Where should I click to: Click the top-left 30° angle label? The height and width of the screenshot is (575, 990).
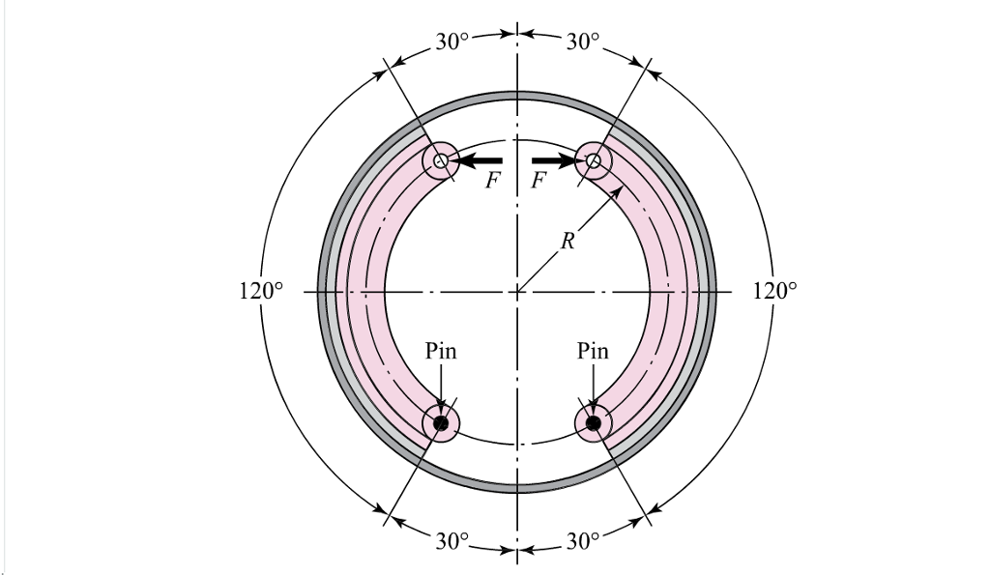pyautogui.click(x=451, y=42)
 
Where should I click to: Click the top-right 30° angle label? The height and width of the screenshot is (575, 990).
pyautogui.click(x=583, y=42)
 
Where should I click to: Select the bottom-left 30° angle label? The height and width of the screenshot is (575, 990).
pyautogui.click(x=451, y=540)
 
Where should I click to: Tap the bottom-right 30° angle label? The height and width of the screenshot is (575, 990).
pyautogui.click(x=583, y=540)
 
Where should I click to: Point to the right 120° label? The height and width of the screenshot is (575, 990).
pyautogui.click(x=775, y=290)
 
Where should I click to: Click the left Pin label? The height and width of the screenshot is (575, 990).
pyautogui.click(x=441, y=351)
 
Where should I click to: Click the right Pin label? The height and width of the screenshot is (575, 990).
pyautogui.click(x=593, y=351)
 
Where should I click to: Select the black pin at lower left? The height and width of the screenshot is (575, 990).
pyautogui.click(x=441, y=423)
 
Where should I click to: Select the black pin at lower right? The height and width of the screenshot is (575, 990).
pyautogui.click(x=593, y=423)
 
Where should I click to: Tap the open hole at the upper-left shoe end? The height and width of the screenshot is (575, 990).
pyautogui.click(x=441, y=161)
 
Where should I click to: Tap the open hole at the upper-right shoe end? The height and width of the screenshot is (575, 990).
pyautogui.click(x=593, y=161)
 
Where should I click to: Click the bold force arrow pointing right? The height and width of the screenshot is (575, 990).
pyautogui.click(x=555, y=160)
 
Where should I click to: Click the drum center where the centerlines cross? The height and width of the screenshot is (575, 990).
pyautogui.click(x=517, y=290)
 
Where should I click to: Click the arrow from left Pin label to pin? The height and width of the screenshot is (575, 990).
pyautogui.click(x=441, y=387)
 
